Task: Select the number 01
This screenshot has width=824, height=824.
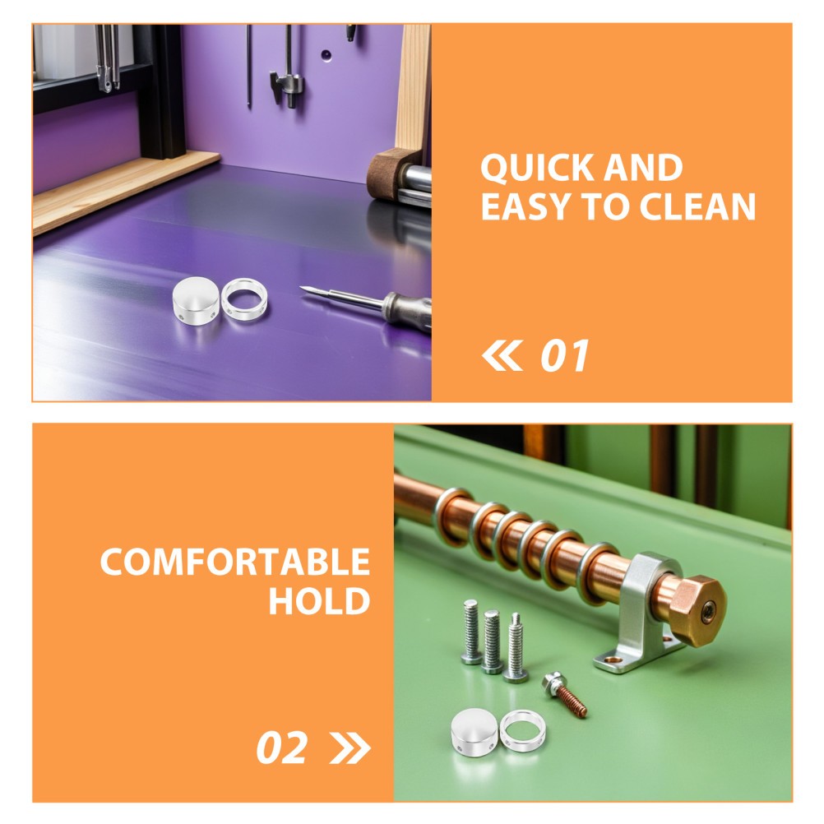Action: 565,356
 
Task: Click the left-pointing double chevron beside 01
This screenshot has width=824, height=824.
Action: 502,355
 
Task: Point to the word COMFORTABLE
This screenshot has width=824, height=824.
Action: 235,562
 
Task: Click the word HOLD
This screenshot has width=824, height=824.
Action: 320,600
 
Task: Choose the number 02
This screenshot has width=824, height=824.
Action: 282,748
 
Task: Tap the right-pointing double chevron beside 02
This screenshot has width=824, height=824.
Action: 350,748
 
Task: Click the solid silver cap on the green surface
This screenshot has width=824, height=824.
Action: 474,732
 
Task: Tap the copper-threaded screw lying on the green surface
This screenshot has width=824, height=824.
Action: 565,694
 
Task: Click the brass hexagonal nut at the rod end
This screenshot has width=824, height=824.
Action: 697,611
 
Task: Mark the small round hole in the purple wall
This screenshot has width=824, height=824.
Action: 326,54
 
